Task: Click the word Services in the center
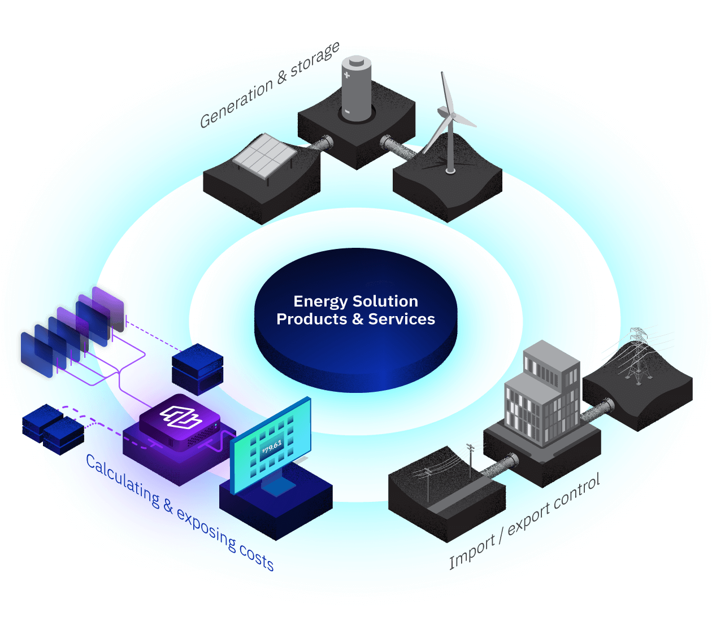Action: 402,320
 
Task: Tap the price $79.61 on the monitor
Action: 272,447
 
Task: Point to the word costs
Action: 256,557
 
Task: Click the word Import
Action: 471,552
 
